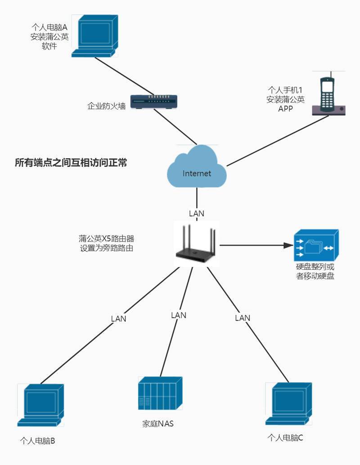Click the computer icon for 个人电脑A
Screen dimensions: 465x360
coord(95,36)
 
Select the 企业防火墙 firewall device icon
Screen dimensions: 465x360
coord(154,102)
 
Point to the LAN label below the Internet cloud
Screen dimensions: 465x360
coord(197,213)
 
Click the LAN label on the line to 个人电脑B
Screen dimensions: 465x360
coord(118,318)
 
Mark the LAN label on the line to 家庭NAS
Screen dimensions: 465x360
coord(179,315)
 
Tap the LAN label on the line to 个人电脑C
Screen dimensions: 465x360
coord(243,318)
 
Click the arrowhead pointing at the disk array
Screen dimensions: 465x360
coord(286,246)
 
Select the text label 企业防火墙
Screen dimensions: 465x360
coord(106,107)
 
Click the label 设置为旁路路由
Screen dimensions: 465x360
coord(106,248)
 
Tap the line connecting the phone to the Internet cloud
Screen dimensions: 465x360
coord(270,139)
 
